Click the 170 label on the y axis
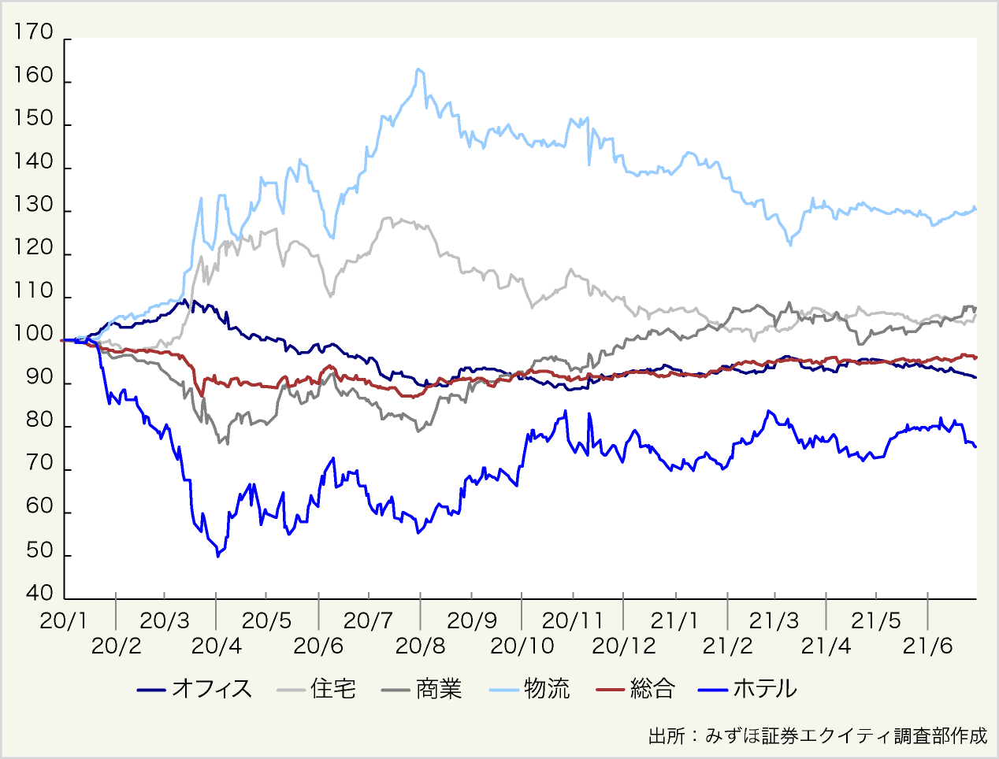(x=34, y=33)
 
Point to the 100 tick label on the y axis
(x=34, y=335)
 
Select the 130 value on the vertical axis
(x=34, y=205)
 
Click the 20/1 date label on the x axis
(x=64, y=620)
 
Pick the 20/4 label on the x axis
(x=217, y=646)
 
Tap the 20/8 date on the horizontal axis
(x=420, y=646)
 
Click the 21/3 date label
(x=774, y=620)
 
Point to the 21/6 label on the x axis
(x=927, y=646)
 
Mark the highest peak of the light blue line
(x=418, y=69)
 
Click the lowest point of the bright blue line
(x=217, y=557)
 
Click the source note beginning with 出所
(x=817, y=736)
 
